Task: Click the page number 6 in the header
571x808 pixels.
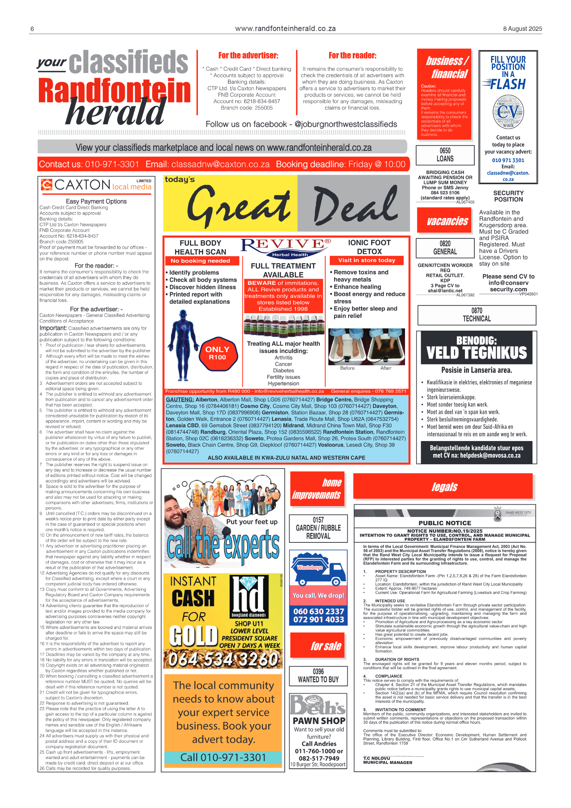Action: tap(32, 29)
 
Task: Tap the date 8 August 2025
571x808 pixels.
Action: tap(522, 29)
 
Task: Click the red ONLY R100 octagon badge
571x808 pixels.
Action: tap(218, 353)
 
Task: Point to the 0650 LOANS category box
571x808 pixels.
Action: tap(445, 155)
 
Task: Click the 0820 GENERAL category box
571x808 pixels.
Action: tap(445, 248)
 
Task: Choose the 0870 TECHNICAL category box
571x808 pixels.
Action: tap(477, 315)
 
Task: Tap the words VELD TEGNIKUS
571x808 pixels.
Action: tap(476, 353)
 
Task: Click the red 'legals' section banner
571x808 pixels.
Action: tap(444, 486)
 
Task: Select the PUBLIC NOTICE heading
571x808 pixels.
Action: tap(445, 523)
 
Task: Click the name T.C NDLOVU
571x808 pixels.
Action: tap(376, 758)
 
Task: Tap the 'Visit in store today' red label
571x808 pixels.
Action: tap(366, 260)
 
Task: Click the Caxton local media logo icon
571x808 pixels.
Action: tap(46, 185)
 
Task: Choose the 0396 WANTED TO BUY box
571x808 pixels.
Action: tap(318, 675)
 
